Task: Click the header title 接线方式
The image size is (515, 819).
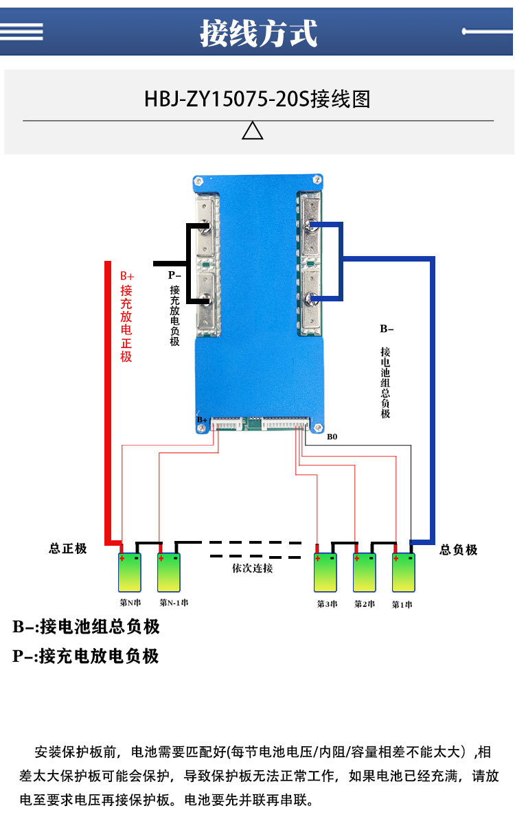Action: click(258, 32)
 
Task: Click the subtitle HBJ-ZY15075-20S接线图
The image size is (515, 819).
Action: click(257, 100)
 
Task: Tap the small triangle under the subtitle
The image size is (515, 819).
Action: click(253, 130)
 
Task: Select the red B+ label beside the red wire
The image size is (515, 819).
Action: click(127, 275)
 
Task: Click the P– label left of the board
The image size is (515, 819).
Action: click(175, 275)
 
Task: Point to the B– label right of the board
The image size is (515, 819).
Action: click(386, 329)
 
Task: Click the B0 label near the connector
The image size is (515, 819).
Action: click(332, 437)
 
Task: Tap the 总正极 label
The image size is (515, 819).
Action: click(68, 549)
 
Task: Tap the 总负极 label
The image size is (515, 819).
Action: click(458, 549)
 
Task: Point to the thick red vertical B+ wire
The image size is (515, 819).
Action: click(107, 398)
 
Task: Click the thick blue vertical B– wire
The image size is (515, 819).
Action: click(432, 398)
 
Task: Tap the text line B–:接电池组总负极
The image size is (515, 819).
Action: click(87, 627)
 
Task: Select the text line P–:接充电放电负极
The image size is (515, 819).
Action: click(86, 656)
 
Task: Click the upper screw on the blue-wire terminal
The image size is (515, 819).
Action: click(311, 225)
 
